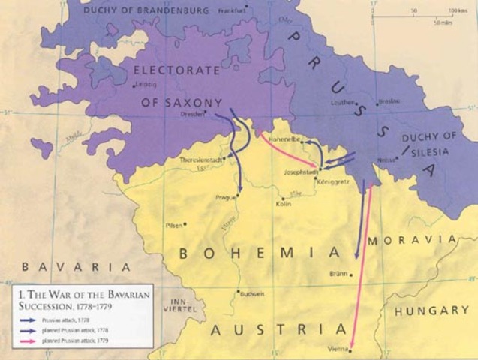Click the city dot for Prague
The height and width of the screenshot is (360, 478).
[x=237, y=196]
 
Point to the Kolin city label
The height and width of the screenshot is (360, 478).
[x=284, y=203]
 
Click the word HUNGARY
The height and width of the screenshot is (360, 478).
[x=437, y=310]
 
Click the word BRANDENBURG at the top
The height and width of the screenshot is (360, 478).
[x=166, y=10]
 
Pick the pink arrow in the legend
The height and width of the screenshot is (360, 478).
[x=31, y=340]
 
